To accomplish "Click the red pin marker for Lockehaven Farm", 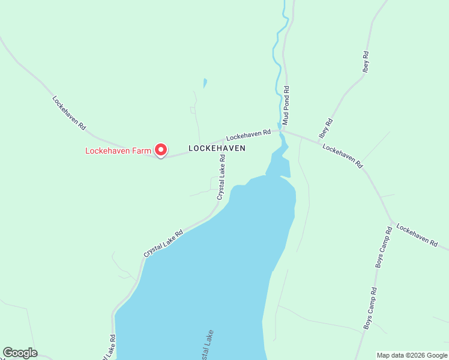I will (x=161, y=149).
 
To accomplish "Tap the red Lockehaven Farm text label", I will (x=118, y=151).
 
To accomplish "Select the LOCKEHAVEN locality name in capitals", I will (x=217, y=148).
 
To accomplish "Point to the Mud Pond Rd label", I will (x=286, y=105).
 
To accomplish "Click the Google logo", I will (x=20, y=353).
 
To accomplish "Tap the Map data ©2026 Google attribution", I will (x=412, y=355).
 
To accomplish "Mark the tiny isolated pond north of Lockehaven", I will (x=205, y=83).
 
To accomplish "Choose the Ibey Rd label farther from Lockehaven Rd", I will (x=366, y=62).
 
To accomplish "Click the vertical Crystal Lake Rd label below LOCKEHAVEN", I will (x=221, y=177).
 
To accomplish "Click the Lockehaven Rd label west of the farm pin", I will (x=69, y=113).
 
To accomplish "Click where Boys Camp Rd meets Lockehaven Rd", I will (x=392, y=223).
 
